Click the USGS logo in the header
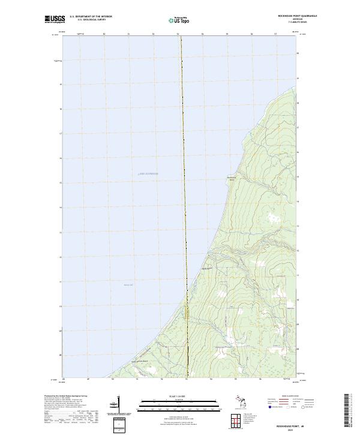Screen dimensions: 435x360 point(55,19)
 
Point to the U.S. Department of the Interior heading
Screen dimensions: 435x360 point(91,17)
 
